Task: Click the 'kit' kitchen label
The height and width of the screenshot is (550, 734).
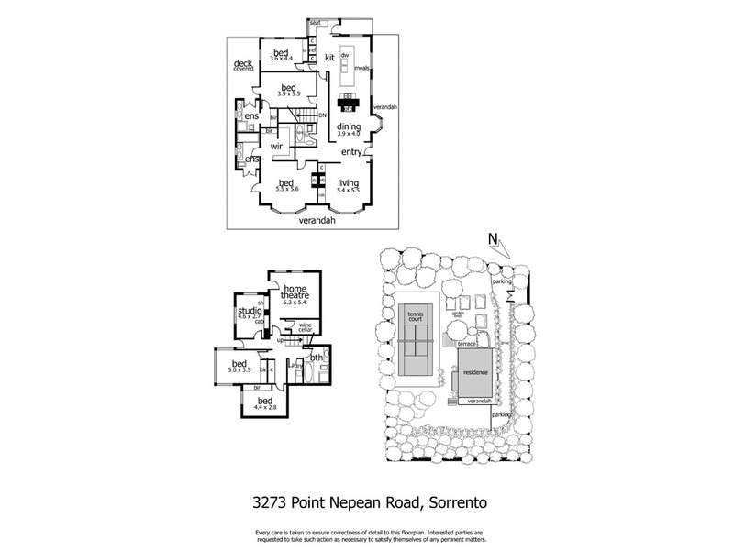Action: point(330,58)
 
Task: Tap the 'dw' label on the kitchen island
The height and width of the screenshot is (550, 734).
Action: point(345,55)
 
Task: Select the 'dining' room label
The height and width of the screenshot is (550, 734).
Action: point(348,126)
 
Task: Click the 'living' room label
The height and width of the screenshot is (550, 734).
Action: point(348,182)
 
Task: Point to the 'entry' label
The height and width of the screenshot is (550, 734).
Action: point(351,151)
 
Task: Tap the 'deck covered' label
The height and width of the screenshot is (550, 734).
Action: point(243,65)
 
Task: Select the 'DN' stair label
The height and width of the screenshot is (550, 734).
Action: point(322,115)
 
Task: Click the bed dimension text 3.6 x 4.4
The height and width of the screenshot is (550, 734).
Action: point(280,59)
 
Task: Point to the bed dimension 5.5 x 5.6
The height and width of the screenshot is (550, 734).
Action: point(285,189)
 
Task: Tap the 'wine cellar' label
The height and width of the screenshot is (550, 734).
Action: point(305,327)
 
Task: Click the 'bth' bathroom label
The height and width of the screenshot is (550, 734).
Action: point(317,357)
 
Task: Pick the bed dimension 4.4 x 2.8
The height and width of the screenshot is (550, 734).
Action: point(266,408)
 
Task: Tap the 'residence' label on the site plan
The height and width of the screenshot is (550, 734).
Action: point(476,375)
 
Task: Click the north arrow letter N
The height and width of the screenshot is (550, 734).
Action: point(493,241)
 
